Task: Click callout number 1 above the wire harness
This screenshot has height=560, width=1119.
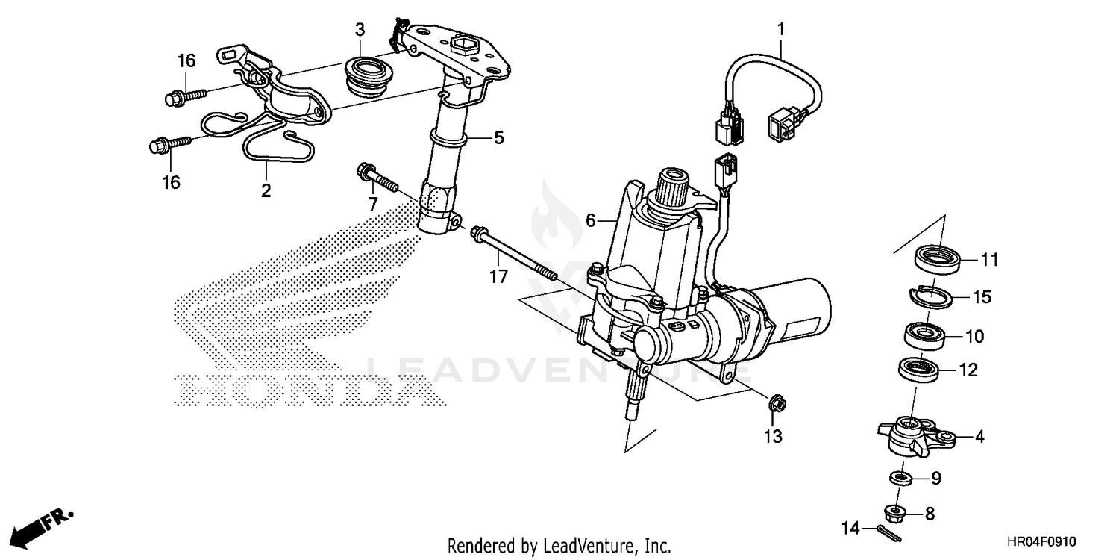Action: [x=781, y=31]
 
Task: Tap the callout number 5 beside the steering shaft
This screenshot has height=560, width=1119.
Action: [x=498, y=137]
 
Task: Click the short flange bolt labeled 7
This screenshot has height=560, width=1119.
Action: [x=377, y=177]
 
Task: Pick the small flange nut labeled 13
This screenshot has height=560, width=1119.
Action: [x=773, y=404]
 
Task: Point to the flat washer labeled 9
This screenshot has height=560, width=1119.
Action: [x=900, y=477]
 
